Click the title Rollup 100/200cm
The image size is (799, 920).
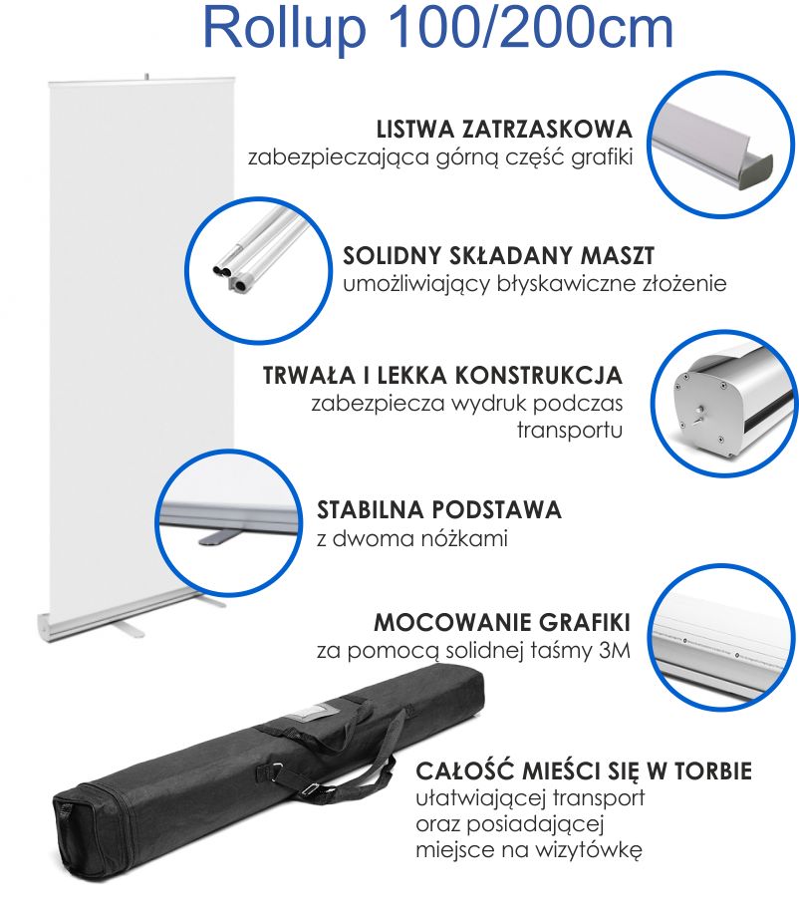click(x=437, y=28)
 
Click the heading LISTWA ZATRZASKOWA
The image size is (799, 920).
click(x=504, y=130)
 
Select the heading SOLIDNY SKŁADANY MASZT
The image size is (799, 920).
click(x=498, y=256)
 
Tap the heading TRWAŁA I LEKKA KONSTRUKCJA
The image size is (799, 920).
click(x=442, y=376)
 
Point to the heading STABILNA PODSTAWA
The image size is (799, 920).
click(x=438, y=510)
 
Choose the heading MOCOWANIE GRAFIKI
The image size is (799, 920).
click(x=502, y=622)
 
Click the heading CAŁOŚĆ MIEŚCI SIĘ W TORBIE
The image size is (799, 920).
click(x=584, y=770)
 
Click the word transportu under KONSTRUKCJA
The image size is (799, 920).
click(x=569, y=430)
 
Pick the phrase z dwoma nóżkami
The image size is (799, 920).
click(x=411, y=538)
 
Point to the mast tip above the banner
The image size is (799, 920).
click(x=146, y=77)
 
